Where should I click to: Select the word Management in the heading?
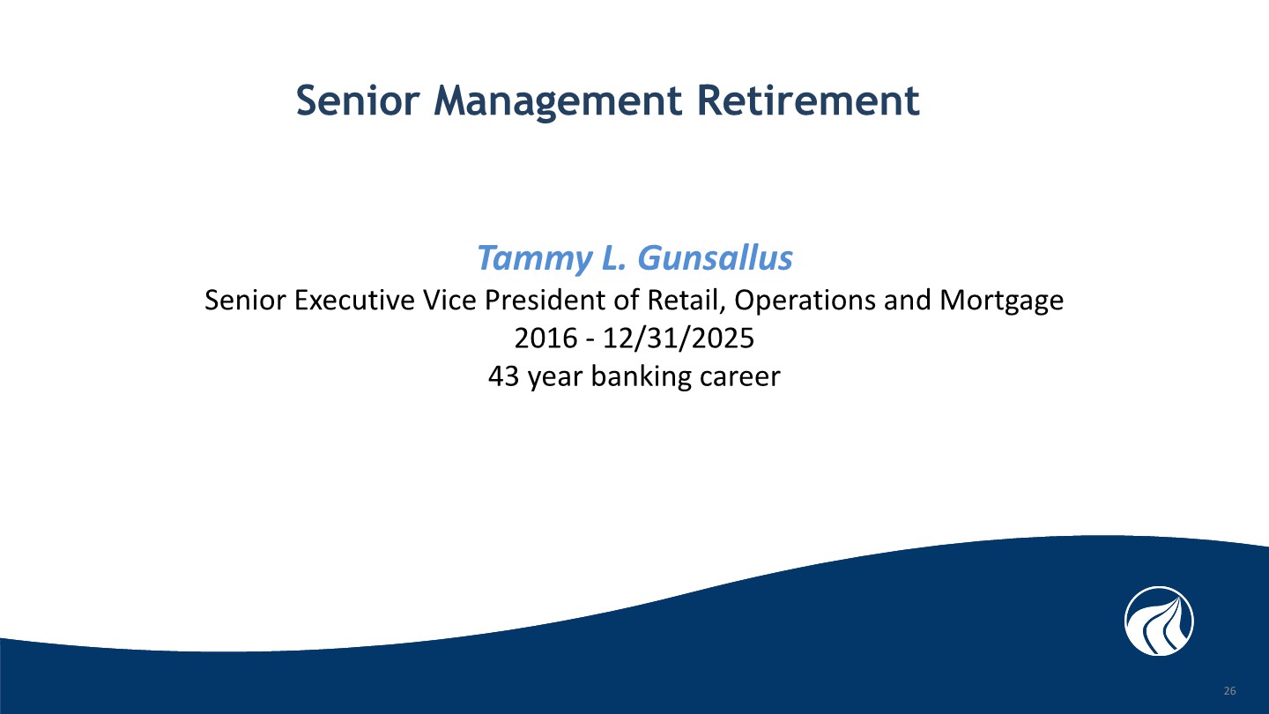tap(558, 102)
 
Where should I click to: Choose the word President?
tap(545, 300)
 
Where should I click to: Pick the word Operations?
tap(805, 301)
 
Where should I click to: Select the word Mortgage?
tap(1002, 301)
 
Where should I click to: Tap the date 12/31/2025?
tap(679, 338)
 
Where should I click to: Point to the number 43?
tap(504, 376)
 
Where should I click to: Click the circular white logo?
tap(1159, 621)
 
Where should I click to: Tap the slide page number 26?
tap(1230, 691)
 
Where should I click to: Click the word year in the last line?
tap(555, 378)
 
